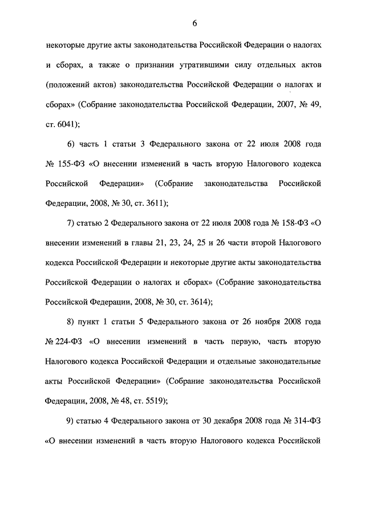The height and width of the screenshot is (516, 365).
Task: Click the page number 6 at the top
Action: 194,23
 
